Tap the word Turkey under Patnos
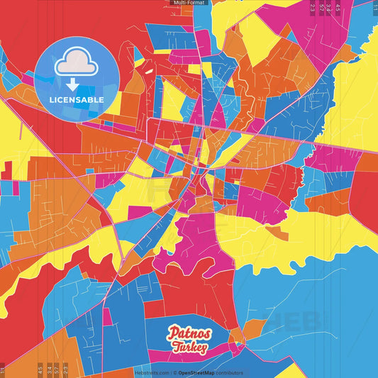tap(189, 347)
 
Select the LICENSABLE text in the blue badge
tap(77, 100)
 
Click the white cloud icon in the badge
tap(77, 62)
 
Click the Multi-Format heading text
tap(189, 3)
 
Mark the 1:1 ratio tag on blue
tap(374, 7)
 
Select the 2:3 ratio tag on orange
tap(65, 369)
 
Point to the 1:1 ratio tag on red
tap(4, 369)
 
